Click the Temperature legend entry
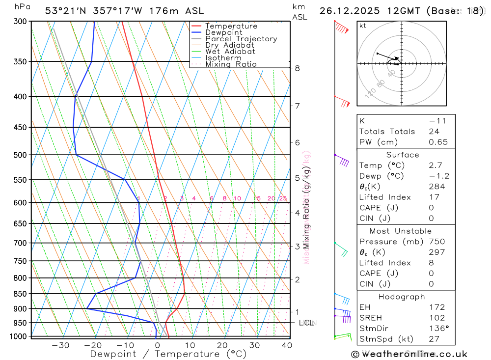pyautogui.click(x=231, y=26)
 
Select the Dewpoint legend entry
pyautogui.click(x=223, y=32)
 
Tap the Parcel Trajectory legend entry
pyautogui.click(x=241, y=39)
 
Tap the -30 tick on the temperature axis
pyautogui.click(x=60, y=345)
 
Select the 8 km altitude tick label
pyautogui.click(x=297, y=68)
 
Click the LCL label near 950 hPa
pyautogui.click(x=306, y=323)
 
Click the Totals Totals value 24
pyautogui.click(x=433, y=131)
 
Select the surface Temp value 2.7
pyautogui.click(x=436, y=166)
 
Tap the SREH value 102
pyautogui.click(x=436, y=318)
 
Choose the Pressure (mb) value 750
pyautogui.click(x=436, y=242)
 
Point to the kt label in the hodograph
pyautogui.click(x=363, y=26)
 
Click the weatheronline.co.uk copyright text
pyautogui.click(x=409, y=354)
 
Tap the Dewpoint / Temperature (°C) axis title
pyautogui.click(x=168, y=354)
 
